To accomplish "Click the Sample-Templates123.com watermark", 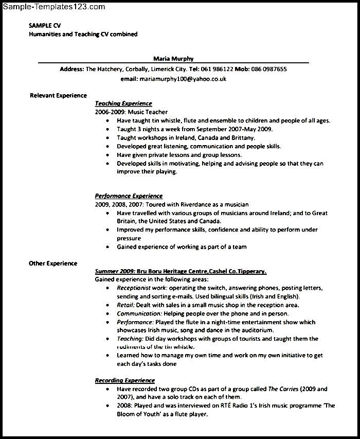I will (53, 7).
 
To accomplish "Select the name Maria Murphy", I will (173, 59).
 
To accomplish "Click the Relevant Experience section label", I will (58, 95).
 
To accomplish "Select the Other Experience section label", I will (53, 263).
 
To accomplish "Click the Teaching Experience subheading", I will (123, 103).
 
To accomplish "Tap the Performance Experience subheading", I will (129, 196).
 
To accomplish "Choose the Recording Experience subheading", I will (125, 380).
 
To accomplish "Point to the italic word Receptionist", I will (135, 288).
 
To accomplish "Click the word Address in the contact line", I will (71, 69).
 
